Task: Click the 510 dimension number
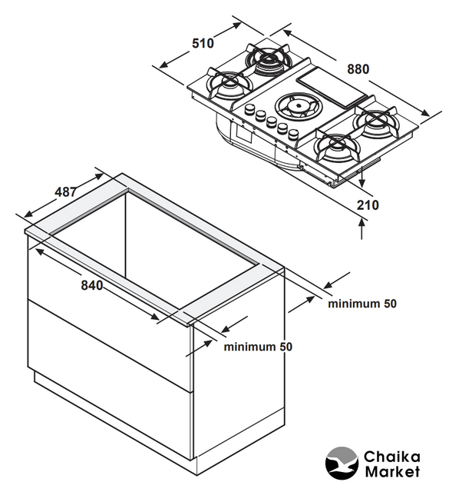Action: tap(203, 43)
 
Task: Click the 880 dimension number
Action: tap(358, 69)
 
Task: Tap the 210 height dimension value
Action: tap(368, 205)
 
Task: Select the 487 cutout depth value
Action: tap(65, 191)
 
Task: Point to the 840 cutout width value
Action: tap(92, 285)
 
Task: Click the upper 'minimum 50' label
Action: tap(362, 304)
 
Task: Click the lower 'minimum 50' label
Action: tap(258, 347)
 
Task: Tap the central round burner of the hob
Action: tap(297, 106)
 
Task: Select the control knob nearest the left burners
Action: tap(249, 110)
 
